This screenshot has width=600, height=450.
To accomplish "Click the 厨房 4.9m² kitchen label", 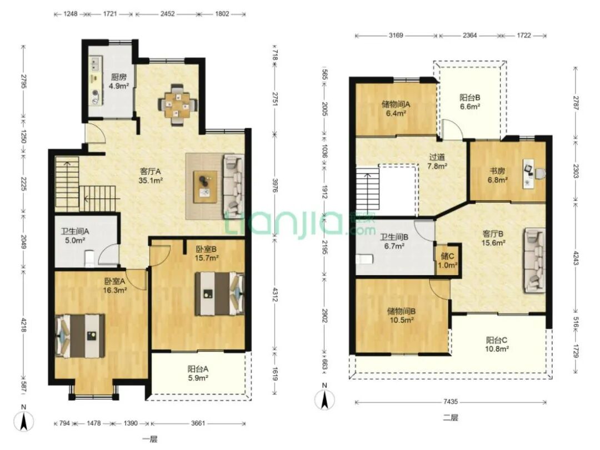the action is (118, 82).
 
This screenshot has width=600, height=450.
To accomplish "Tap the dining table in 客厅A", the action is (178, 104).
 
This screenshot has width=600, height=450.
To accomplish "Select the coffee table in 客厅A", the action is (206, 186).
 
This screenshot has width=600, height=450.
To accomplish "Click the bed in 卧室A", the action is (81, 336).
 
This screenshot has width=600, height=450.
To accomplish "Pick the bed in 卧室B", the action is (219, 294).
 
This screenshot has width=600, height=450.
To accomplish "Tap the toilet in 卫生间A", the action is (89, 259).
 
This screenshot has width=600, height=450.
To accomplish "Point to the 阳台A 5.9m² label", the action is (198, 373).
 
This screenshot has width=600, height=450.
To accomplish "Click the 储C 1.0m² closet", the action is (448, 260).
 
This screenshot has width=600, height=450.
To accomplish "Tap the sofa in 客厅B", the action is (535, 260).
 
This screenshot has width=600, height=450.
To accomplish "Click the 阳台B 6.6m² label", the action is (470, 102).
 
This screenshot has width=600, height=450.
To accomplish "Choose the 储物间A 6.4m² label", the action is (396, 108).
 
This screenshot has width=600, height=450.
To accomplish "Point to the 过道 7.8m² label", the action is (437, 161).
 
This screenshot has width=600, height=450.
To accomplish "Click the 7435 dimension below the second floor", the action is (451, 402).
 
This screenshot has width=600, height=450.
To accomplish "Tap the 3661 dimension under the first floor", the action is (198, 423).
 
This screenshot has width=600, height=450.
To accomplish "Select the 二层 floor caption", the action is (451, 417).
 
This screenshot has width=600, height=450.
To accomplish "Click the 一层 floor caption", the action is (149, 439).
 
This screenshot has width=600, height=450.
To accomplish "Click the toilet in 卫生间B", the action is (364, 259).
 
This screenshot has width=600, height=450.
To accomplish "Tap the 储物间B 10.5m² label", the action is (401, 315).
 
